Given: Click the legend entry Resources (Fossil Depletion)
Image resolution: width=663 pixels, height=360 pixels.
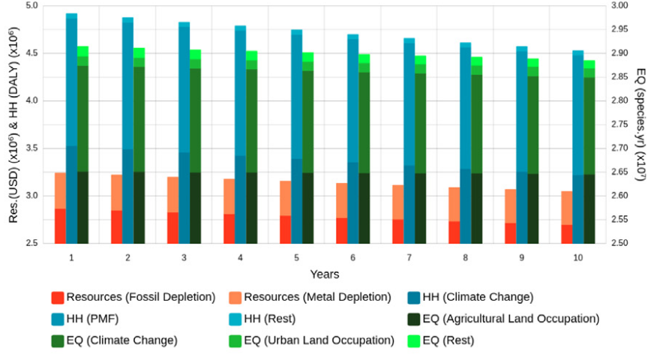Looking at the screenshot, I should pos(133,297).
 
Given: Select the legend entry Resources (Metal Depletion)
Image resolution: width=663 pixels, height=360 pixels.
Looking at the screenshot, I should pos(308,297).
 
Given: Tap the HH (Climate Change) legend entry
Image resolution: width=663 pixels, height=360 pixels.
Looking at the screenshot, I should pos(471,297).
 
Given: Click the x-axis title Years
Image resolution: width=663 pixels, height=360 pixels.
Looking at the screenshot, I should pos(325,274).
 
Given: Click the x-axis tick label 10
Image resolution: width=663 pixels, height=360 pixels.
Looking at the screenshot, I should pos(577,257).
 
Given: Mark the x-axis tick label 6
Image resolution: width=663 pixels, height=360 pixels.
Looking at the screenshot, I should pos(352,257).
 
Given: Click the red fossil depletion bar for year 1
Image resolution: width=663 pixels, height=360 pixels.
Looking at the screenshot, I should pos(60,226).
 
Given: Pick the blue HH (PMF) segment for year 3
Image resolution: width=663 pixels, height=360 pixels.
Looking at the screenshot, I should pos(184,90).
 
